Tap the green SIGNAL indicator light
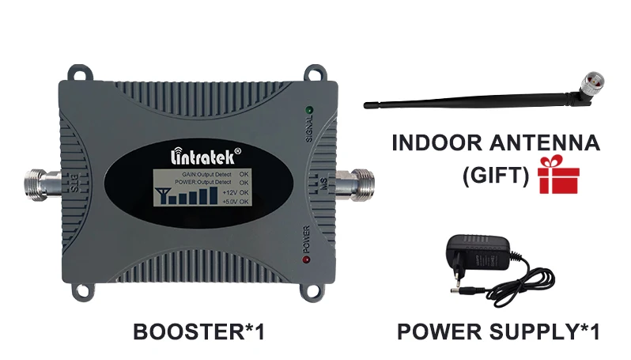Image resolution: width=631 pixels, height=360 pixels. point(308,110)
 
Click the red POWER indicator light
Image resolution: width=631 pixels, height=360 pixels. point(305,260)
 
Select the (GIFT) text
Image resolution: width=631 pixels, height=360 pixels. point(495,174)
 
